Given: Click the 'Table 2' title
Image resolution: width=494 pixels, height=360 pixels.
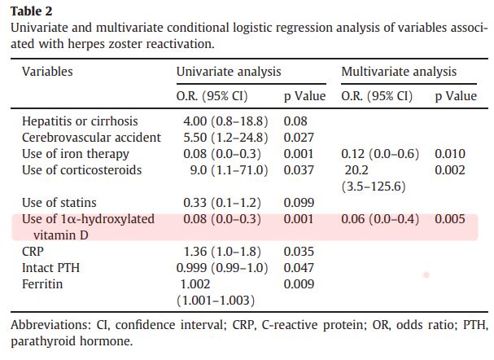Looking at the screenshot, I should click(30, 11).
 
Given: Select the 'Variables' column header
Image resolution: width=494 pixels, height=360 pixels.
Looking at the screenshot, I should click(47, 72).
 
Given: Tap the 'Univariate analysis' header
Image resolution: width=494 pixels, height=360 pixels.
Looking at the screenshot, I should click(229, 72).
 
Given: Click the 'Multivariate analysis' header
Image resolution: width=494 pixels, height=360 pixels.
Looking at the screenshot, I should click(399, 72).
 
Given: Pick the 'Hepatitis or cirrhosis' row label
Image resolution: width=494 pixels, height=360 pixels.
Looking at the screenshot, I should click(80, 121).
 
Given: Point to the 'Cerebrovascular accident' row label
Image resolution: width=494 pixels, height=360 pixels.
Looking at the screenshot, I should click(91, 138).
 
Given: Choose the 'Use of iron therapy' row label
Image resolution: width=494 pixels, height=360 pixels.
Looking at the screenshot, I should click(75, 154).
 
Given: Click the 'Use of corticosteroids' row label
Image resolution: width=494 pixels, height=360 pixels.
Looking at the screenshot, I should click(81, 170).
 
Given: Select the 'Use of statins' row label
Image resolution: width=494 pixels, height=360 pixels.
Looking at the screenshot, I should click(59, 203).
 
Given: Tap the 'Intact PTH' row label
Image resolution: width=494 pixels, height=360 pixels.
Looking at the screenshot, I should click(50, 268).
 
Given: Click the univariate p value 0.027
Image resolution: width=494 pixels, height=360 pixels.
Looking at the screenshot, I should click(299, 138).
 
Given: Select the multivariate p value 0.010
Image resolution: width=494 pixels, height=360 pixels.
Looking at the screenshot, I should click(450, 154).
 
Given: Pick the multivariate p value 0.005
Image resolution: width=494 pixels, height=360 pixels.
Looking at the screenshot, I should click(450, 219).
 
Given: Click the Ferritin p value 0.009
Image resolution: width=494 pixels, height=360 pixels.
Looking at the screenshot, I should click(299, 284).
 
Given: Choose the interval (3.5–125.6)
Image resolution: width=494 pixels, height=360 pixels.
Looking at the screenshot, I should click(378, 187).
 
